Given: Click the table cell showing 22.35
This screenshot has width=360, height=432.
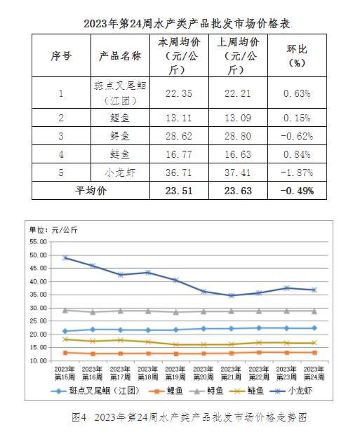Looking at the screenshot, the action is tap(179, 93).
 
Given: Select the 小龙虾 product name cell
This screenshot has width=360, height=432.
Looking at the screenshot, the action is tap(120, 173).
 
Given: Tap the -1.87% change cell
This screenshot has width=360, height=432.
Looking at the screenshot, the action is tap(297, 173).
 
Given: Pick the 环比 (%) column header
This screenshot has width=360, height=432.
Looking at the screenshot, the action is tap(297, 55).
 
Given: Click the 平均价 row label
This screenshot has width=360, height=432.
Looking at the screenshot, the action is tap(91, 191).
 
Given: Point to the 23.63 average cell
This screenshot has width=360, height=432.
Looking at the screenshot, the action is tap(238, 191).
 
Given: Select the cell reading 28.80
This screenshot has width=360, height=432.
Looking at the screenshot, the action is tap(238, 136).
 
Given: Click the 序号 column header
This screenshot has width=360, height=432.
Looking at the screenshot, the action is tap(61, 55).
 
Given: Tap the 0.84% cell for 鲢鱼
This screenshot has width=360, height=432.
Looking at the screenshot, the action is tap(297, 154).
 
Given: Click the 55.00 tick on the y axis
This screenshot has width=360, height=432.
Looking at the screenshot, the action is tap(39, 242).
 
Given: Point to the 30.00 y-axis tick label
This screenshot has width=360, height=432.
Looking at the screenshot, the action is tap(39, 308).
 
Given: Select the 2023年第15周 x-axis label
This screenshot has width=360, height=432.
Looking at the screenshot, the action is tap(65, 373).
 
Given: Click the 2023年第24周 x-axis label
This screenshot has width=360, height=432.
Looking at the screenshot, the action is tap(314, 373).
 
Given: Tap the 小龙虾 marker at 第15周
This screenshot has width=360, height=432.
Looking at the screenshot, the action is tap(65, 258).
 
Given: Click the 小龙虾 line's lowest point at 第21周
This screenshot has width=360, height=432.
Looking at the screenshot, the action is tap(232, 296).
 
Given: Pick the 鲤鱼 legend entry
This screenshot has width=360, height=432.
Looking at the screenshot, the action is tap(166, 391).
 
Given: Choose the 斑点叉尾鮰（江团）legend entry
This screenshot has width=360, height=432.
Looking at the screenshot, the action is tap(95, 391).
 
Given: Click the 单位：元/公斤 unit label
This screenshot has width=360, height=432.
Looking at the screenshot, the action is tap(53, 230).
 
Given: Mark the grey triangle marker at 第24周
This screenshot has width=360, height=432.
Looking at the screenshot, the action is tap(314, 311).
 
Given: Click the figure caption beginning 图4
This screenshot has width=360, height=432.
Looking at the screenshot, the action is tap(189, 417).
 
